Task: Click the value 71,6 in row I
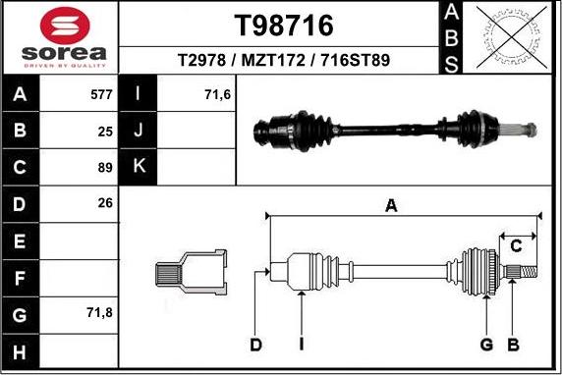217,96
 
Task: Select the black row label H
22,350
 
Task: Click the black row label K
139,167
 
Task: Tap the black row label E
22,240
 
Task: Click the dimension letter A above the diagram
391,206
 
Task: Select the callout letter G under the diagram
485,344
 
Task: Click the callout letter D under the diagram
255,344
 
